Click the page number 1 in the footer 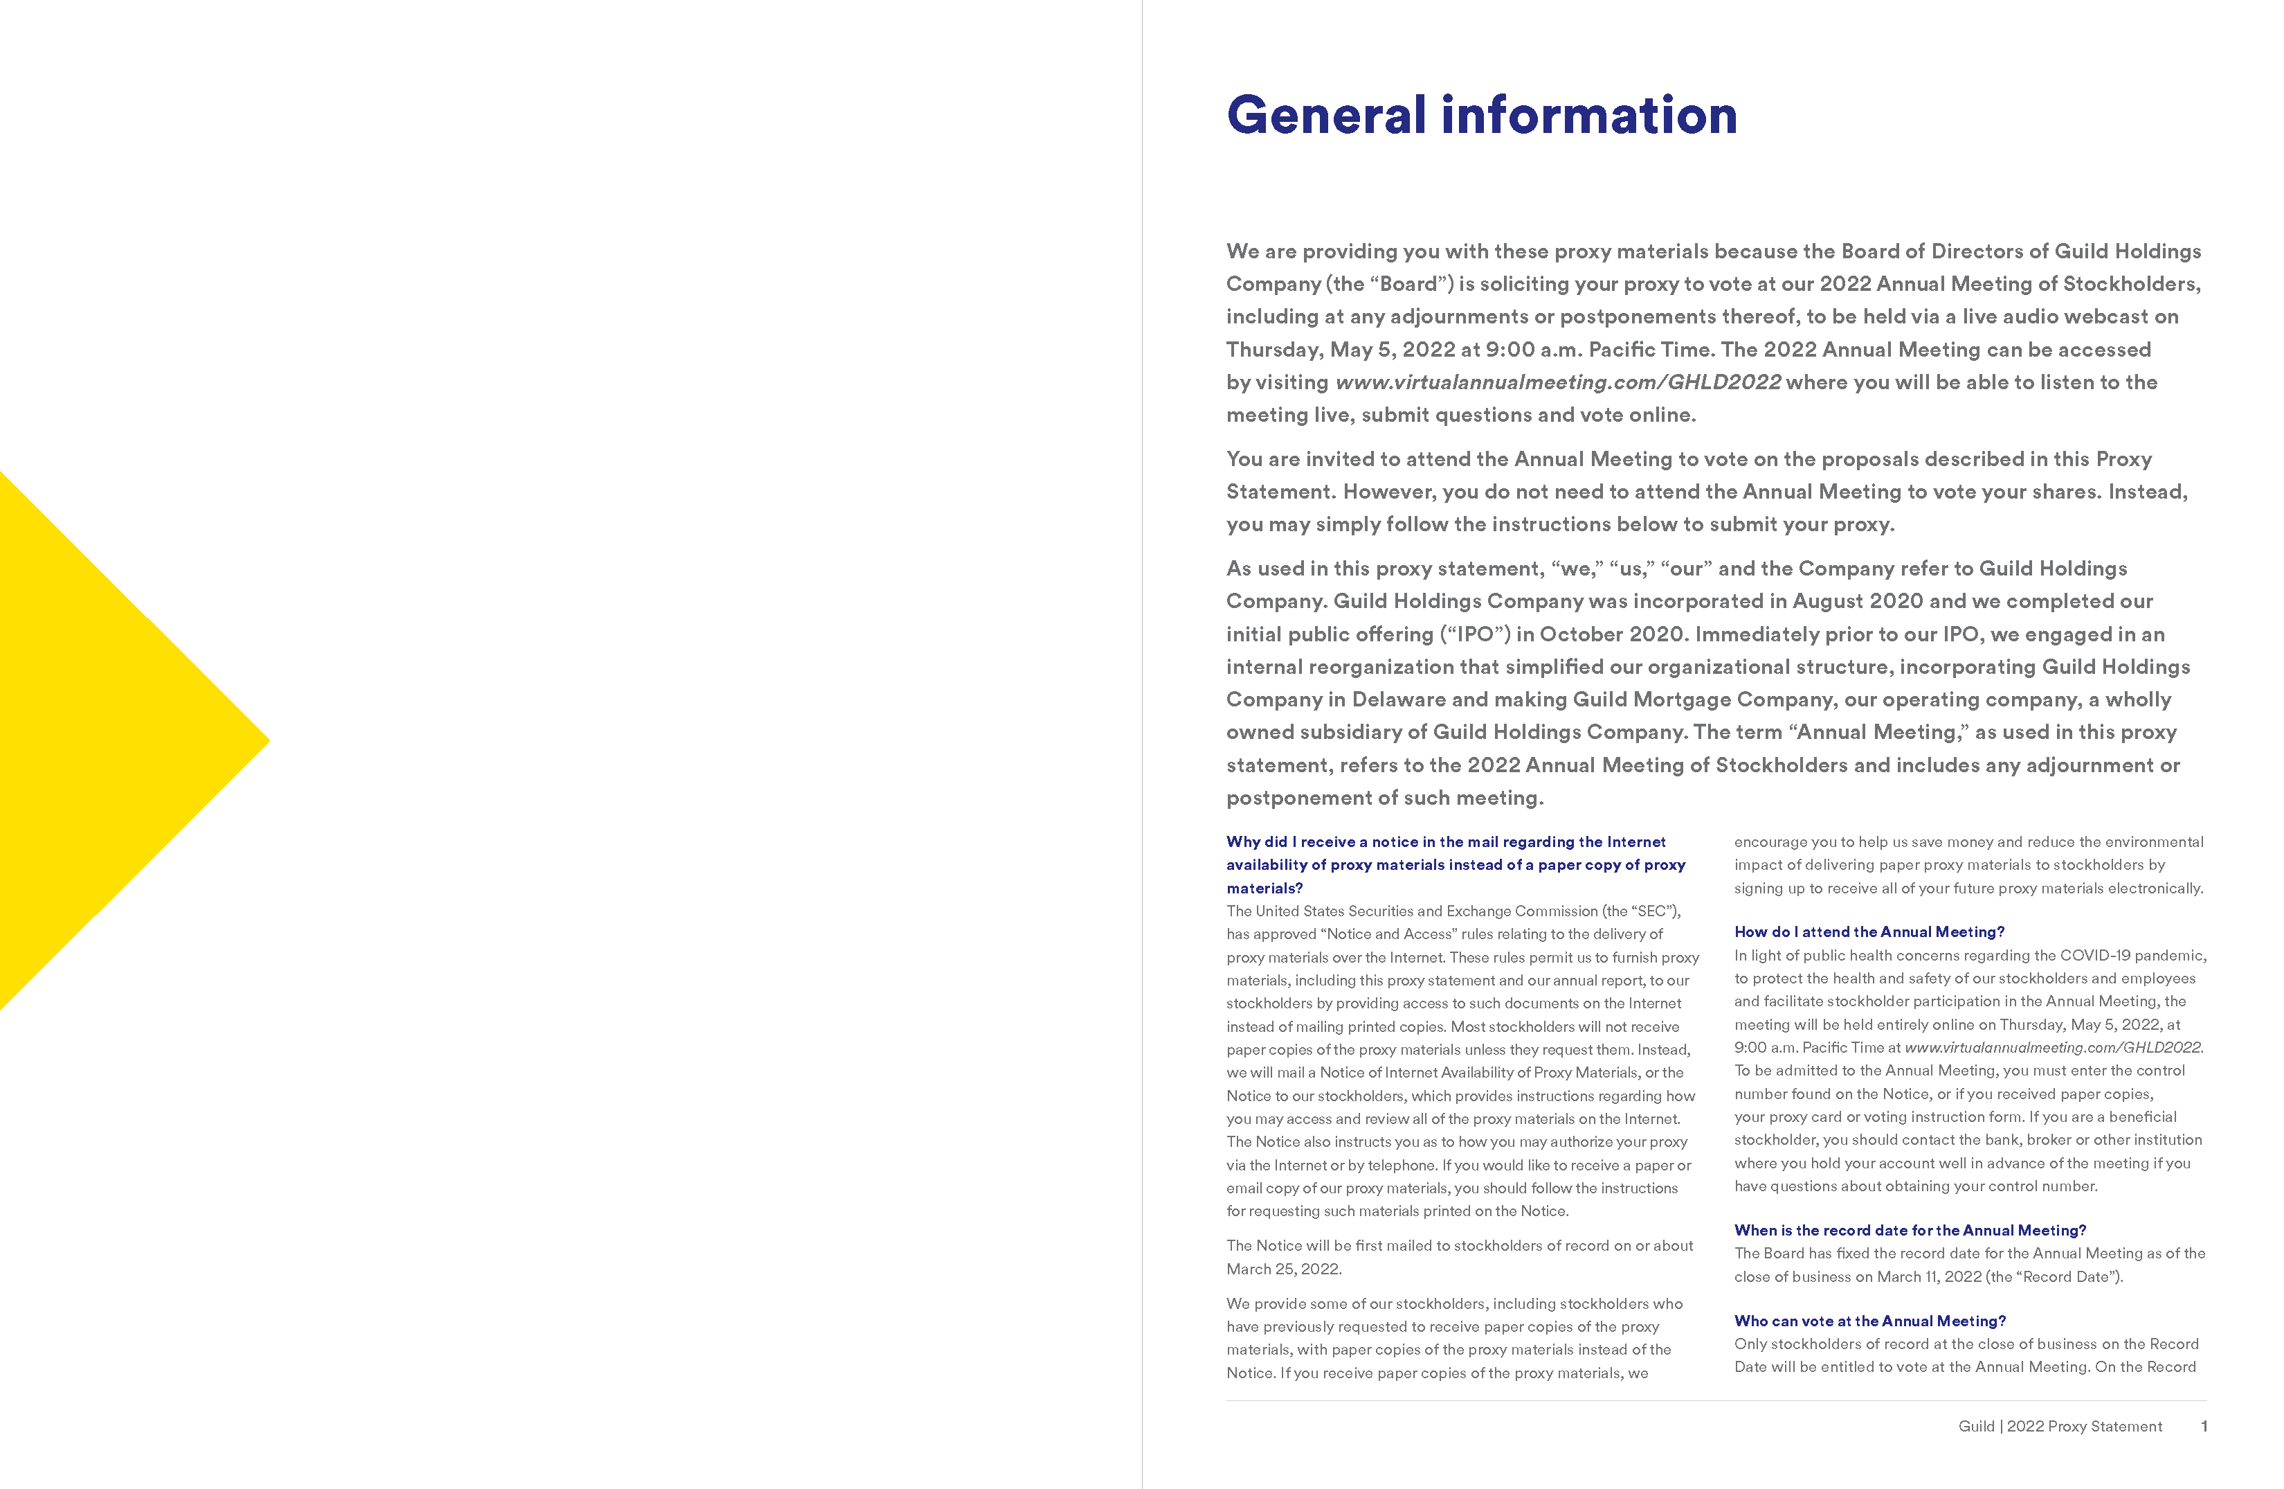click(2204, 1426)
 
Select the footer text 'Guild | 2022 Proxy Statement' click(2060, 1426)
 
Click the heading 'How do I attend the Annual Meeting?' click(1869, 931)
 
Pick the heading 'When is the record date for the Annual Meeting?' click(1910, 1230)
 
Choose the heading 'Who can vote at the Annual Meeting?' click(1869, 1321)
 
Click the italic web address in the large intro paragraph click(1557, 382)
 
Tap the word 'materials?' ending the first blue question click(1264, 888)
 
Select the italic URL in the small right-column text click(2053, 1047)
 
